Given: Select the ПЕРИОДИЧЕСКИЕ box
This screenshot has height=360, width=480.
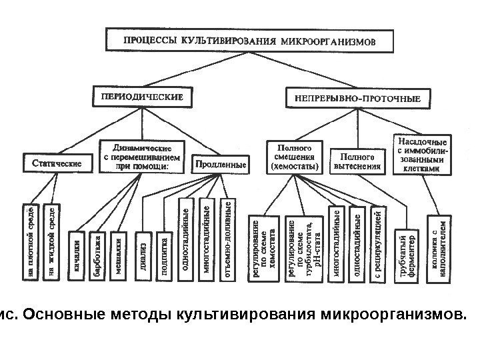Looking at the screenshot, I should [141, 97].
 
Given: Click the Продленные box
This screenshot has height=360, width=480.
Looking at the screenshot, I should [220, 162].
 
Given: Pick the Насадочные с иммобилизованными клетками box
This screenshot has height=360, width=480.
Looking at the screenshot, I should [423, 155].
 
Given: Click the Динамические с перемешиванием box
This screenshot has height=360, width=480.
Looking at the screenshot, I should [141, 154].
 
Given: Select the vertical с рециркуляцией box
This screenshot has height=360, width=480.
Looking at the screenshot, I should [377, 244].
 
